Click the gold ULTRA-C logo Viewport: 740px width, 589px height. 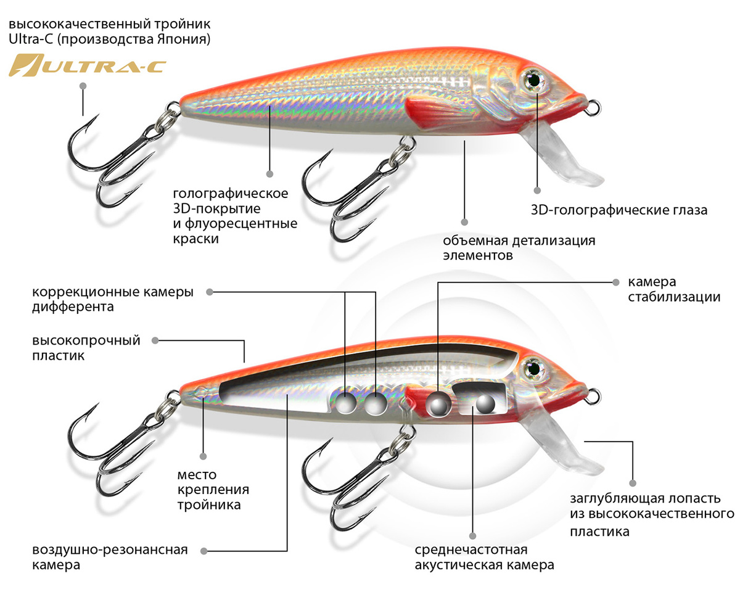click(x=86, y=65)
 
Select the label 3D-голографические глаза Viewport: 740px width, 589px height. click(x=619, y=210)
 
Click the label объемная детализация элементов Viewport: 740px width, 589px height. click(x=519, y=247)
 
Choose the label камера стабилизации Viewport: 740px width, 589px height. click(x=674, y=289)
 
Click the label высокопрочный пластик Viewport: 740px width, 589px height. click(x=86, y=348)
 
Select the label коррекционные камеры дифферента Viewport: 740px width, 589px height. click(x=112, y=299)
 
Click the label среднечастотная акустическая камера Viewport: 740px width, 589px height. click(x=484, y=557)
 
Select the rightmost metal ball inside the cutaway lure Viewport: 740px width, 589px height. click(x=485, y=403)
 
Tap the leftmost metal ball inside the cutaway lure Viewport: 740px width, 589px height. click(x=346, y=403)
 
